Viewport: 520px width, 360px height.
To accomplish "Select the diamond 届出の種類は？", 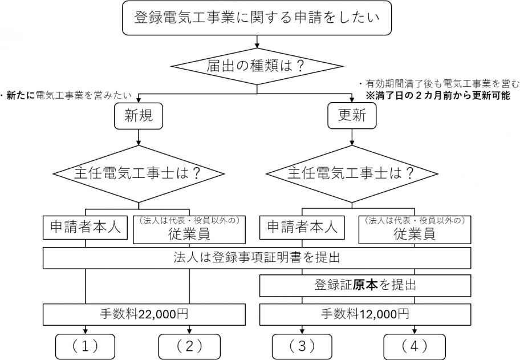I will pyautogui.click(x=257, y=66).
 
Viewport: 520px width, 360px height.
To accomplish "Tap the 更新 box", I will pyautogui.click(x=352, y=116).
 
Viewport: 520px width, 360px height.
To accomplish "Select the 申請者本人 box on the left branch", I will pyautogui.click(x=86, y=228).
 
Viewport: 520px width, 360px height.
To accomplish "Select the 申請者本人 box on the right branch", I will pyautogui.click(x=299, y=228).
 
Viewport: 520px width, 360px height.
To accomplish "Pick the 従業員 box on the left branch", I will pyautogui.click(x=189, y=229).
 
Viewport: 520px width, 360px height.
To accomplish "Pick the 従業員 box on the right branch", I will pyautogui.click(x=414, y=229).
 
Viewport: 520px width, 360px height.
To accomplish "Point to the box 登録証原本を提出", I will pyautogui.click(x=365, y=285).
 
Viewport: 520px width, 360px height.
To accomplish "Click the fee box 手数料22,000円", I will pyautogui.click(x=145, y=313).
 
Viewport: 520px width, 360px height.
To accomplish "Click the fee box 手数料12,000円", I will pyautogui.click(x=365, y=313).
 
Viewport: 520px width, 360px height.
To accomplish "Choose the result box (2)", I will pyautogui.click(x=189, y=346).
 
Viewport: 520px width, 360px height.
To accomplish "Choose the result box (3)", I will pyautogui.click(x=302, y=346).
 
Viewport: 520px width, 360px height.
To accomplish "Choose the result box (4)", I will pyautogui.click(x=414, y=346).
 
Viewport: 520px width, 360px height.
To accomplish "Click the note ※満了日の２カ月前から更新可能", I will pyautogui.click(x=438, y=96).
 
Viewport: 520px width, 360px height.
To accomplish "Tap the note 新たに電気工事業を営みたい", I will pyautogui.click(x=69, y=95).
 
